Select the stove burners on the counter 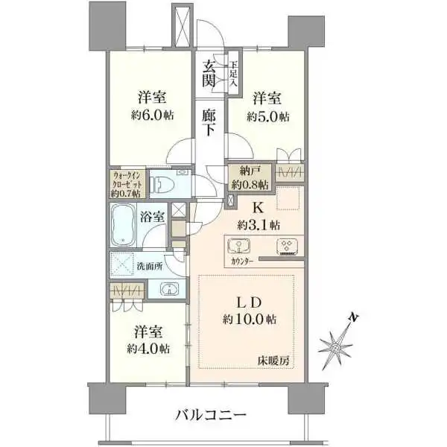point(287,247)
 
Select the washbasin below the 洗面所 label point(169,289)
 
